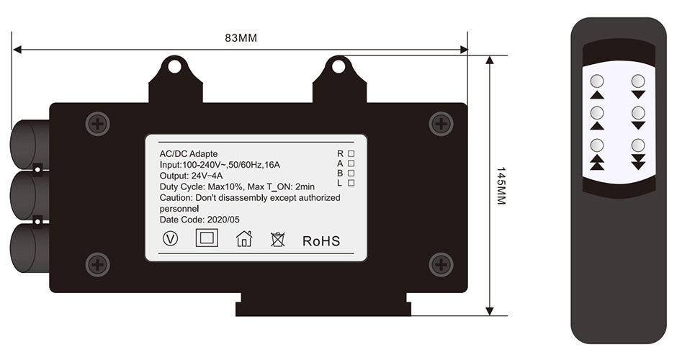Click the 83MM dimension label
(x=241, y=38)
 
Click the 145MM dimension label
(x=501, y=186)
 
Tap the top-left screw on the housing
(x=97, y=125)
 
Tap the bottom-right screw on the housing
(x=441, y=264)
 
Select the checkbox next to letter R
(x=351, y=153)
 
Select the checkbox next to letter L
(x=351, y=183)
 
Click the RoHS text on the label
(x=321, y=241)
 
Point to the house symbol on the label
(x=244, y=238)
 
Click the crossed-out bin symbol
(x=277, y=239)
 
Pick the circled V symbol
(x=171, y=238)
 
